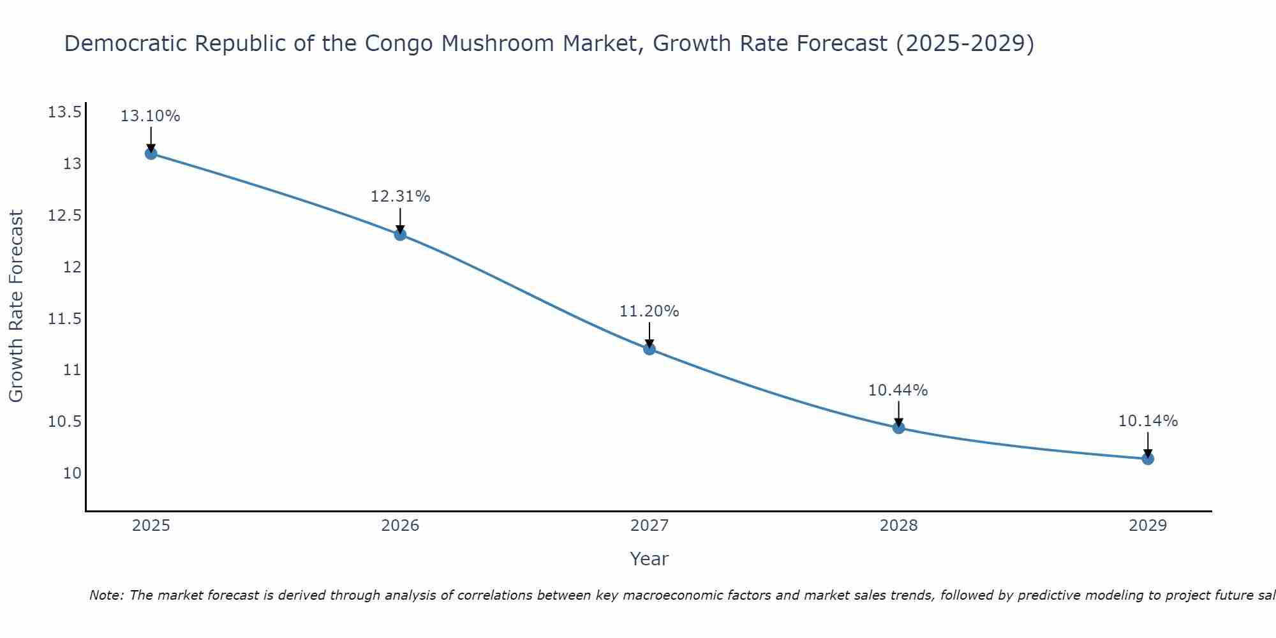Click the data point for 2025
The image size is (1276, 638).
(x=151, y=154)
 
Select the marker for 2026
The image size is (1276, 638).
(x=400, y=235)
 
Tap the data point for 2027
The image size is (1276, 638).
(x=649, y=349)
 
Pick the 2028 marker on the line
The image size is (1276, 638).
(x=898, y=427)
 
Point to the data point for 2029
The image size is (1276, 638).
(x=1148, y=459)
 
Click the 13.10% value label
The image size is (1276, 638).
(x=151, y=116)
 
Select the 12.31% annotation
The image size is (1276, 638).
(x=400, y=197)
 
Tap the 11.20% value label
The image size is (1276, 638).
(x=649, y=311)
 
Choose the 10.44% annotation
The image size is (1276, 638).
(x=898, y=390)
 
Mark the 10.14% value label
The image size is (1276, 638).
(x=1148, y=421)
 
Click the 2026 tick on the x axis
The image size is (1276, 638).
(x=400, y=526)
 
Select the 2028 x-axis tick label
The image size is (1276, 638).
(x=898, y=526)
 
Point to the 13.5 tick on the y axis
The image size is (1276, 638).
(x=65, y=113)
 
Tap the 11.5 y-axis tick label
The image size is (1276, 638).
(x=65, y=319)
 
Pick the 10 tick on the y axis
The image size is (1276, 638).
(x=73, y=473)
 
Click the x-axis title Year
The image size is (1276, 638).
(x=649, y=559)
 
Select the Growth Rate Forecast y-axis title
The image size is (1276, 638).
(x=17, y=306)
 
